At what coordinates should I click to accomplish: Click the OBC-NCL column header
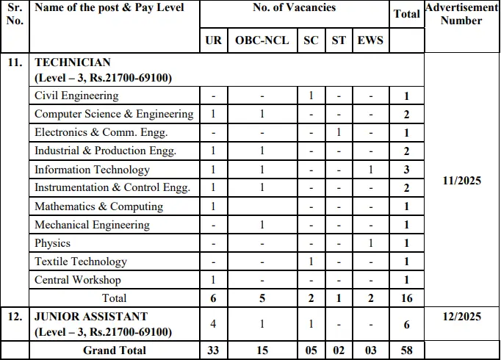point(262,40)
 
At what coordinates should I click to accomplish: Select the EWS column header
point(370,40)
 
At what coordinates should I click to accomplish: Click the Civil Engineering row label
point(76,96)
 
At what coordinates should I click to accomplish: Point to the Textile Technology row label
point(81,262)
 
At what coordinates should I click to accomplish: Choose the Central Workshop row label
point(78,280)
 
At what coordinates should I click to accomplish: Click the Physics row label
point(53,243)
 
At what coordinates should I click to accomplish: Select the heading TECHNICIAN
point(72,63)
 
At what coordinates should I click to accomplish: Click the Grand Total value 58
point(407,350)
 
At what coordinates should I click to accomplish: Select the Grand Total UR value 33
point(213,350)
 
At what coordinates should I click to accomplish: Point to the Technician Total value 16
point(407,298)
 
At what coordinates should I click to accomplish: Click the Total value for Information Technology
point(407,170)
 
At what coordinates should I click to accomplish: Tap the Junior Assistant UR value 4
point(213,324)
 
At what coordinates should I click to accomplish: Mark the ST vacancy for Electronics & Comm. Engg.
point(339,132)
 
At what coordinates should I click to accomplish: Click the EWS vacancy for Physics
point(370,243)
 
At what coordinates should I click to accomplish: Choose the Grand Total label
point(115,350)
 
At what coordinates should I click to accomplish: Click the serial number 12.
point(15,317)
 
